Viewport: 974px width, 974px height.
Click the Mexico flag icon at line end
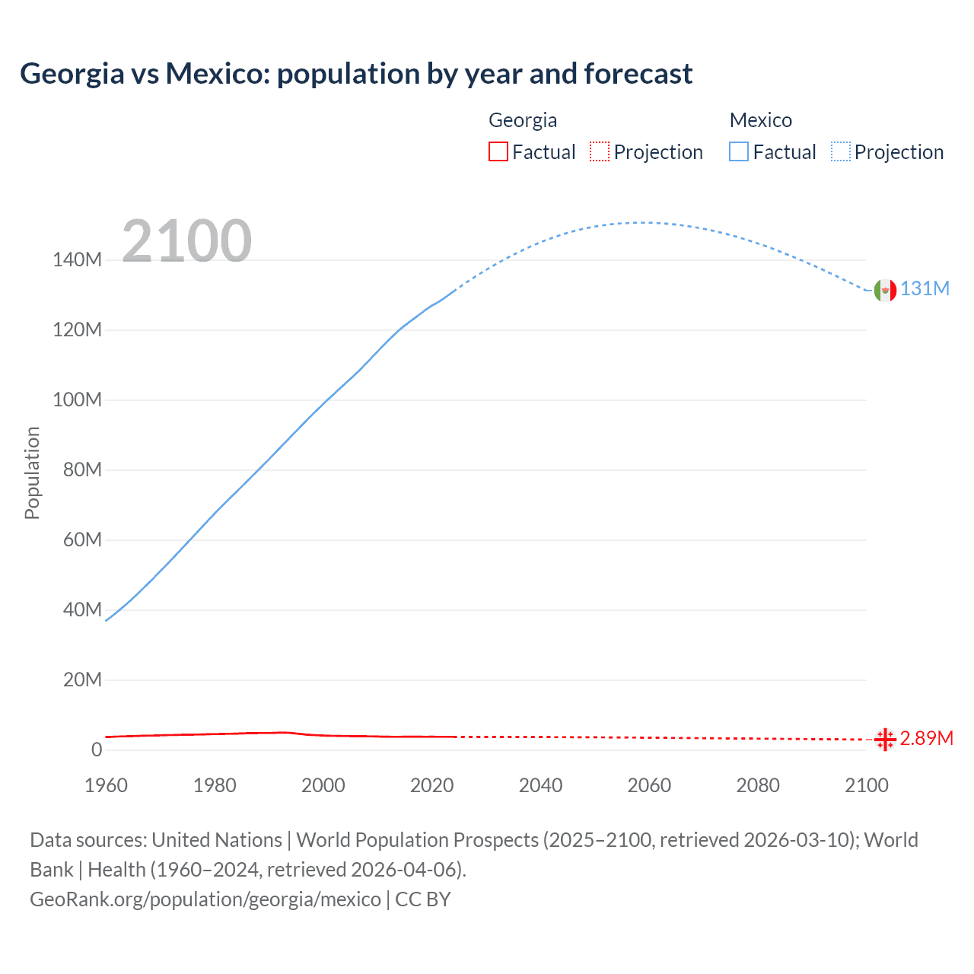[885, 290]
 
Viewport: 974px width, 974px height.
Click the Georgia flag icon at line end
[885, 739]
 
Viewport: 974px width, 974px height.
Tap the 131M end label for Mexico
[925, 289]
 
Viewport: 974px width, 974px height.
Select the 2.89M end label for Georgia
[926, 738]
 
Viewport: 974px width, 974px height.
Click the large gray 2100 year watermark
[186, 240]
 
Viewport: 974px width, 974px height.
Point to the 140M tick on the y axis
[77, 260]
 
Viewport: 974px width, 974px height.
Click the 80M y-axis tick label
[81, 469]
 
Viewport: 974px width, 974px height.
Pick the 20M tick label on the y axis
[81, 680]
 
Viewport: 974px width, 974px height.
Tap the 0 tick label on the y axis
[97, 750]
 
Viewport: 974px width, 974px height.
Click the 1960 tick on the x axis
[106, 785]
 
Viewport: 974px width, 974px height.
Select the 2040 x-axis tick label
[540, 785]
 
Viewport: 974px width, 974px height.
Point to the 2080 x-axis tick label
[758, 785]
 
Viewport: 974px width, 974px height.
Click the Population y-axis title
[32, 473]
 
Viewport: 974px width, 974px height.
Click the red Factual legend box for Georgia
[498, 151]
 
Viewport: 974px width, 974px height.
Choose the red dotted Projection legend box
[600, 151]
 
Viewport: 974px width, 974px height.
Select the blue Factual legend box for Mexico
[739, 151]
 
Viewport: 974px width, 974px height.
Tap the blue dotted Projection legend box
[841, 151]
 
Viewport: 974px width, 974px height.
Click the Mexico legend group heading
[760, 120]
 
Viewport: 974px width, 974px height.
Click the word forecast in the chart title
[638, 74]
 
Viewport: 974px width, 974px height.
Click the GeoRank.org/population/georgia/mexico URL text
[205, 899]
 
